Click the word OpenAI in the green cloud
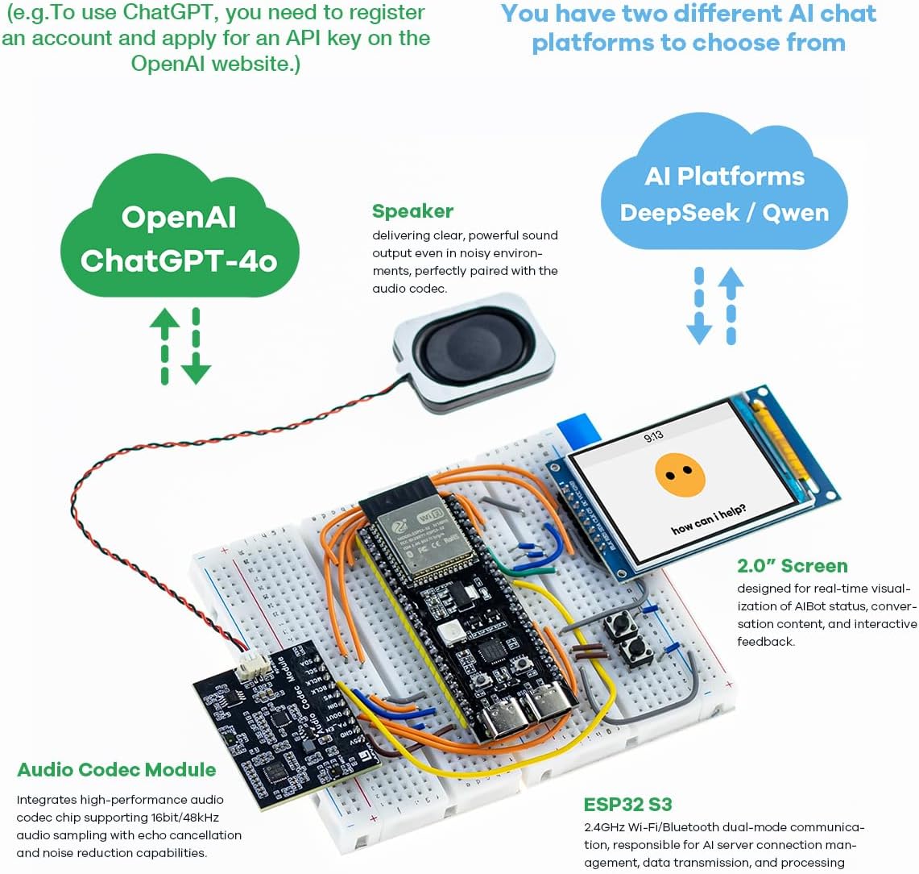(178, 217)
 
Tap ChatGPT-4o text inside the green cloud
(178, 260)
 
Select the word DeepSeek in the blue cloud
(679, 213)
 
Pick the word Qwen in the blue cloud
(795, 213)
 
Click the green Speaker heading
(412, 211)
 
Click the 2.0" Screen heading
(792, 565)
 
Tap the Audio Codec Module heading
(117, 769)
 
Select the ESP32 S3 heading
(627, 804)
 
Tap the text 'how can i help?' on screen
(709, 519)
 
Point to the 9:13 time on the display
(653, 436)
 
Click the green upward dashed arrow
(165, 345)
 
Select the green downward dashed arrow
(195, 345)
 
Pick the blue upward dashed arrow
(731, 306)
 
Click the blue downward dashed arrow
(699, 306)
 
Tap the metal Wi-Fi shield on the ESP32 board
(427, 541)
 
